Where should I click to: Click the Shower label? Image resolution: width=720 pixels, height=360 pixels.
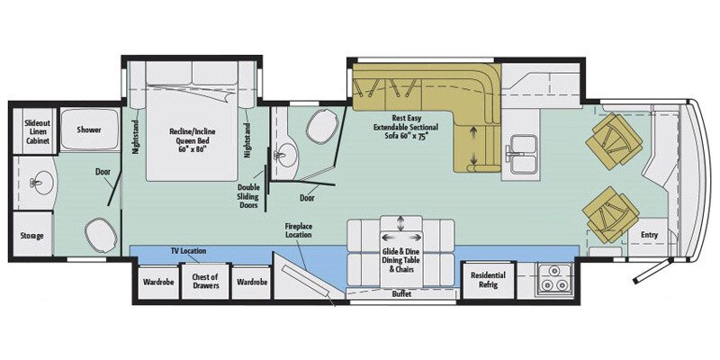click(x=88, y=130)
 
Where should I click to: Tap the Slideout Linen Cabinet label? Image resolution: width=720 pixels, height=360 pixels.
click(x=32, y=130)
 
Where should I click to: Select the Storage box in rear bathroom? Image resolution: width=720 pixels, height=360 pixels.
click(x=31, y=236)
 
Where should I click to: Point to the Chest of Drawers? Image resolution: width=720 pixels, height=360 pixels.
click(x=205, y=282)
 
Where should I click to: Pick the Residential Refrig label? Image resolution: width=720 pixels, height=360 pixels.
click(x=488, y=281)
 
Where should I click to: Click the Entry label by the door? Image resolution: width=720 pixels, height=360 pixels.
click(x=649, y=236)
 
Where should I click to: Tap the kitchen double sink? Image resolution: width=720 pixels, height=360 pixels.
click(x=520, y=154)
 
